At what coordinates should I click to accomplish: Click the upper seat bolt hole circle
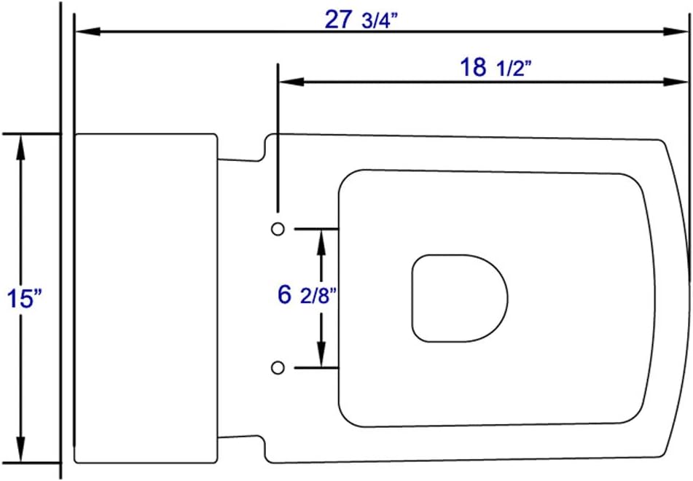tap(278, 229)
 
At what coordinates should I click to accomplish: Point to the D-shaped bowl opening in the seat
tap(459, 298)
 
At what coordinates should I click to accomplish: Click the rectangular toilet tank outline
tap(146, 298)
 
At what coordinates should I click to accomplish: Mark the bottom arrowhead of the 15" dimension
tap(21, 451)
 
